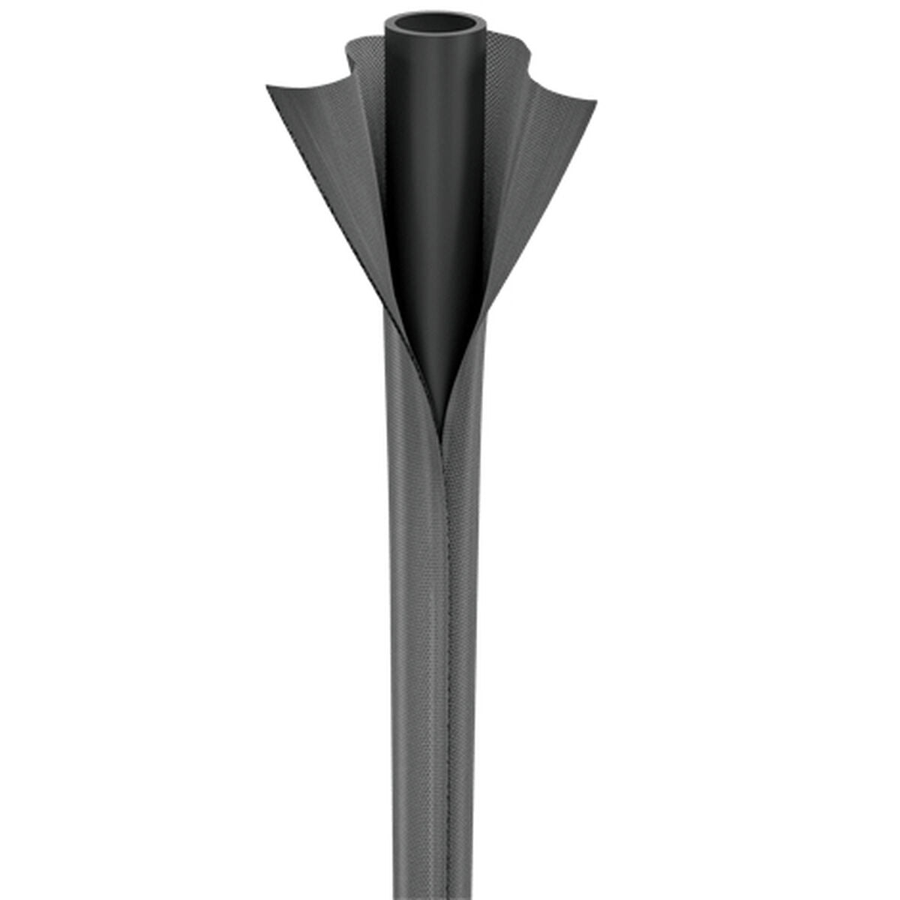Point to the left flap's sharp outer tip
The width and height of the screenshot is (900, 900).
pos(268,88)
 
